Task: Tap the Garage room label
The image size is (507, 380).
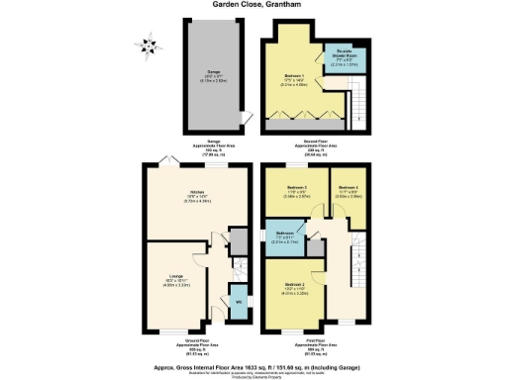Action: coord(213,72)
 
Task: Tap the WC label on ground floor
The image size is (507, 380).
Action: coord(238,302)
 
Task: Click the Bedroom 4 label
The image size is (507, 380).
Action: coord(346,187)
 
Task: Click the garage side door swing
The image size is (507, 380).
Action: coord(245,122)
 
